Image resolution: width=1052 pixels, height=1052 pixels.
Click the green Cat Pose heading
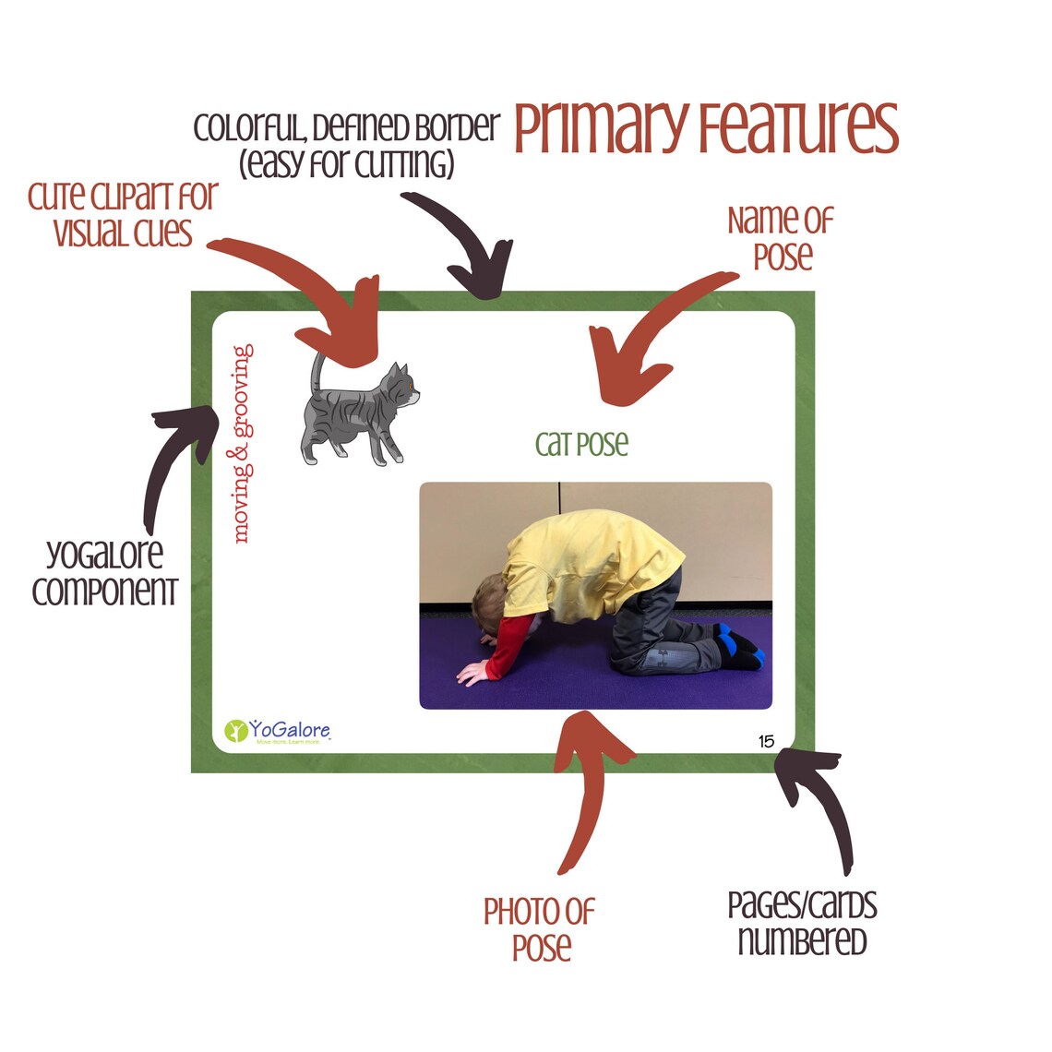tap(581, 444)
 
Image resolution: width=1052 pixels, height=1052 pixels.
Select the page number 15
tap(766, 741)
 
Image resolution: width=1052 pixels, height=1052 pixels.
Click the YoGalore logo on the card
tap(277, 731)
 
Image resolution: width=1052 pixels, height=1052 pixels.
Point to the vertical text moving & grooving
tap(242, 444)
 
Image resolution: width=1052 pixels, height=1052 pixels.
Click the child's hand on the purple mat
tap(472, 672)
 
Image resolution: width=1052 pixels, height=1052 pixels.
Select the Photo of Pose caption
tap(540, 930)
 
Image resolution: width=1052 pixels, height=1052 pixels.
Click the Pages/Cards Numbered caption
tap(803, 923)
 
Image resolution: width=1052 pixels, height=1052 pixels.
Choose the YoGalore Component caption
tap(104, 572)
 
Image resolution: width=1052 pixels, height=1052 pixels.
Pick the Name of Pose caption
tap(781, 238)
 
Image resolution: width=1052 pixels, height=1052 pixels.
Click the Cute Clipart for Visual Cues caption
tap(123, 214)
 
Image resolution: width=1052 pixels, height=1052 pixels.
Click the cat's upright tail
tap(317, 373)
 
